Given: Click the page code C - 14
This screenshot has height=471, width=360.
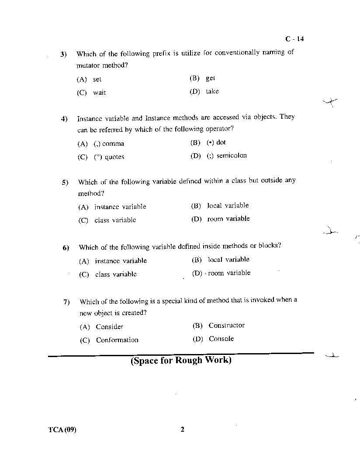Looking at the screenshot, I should point(294,39).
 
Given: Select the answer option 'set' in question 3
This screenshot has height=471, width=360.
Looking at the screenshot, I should point(97,79).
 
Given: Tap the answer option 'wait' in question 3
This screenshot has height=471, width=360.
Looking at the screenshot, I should point(99,93).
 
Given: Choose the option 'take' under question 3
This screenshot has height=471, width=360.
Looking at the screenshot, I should point(212,91).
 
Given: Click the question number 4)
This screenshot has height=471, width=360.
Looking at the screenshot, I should point(64,119).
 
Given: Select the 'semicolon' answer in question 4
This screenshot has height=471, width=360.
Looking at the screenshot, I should point(232,155).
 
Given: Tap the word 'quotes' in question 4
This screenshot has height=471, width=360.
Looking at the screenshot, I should point(114,157).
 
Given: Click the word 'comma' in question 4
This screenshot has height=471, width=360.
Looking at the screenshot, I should point(113,144).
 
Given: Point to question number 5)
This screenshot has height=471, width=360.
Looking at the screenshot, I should point(65,182).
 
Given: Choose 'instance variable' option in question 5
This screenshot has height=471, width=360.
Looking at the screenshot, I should point(120,206).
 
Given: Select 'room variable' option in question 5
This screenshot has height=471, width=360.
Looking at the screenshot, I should point(228,219).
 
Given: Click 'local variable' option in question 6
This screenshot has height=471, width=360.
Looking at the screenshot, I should point(228,259).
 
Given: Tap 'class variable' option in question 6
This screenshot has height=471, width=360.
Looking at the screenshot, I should point(116,274).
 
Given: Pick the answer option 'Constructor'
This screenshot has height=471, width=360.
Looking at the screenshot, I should point(226,325).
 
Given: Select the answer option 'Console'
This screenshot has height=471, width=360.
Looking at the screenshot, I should point(221,339).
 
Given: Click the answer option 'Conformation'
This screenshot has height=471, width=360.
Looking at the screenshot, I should point(117,340).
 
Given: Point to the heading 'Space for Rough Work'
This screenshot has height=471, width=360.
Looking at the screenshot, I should point(181,361).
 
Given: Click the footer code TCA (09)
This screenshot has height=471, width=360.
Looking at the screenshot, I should point(62,430).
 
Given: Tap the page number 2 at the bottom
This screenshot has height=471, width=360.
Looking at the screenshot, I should point(182,429).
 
